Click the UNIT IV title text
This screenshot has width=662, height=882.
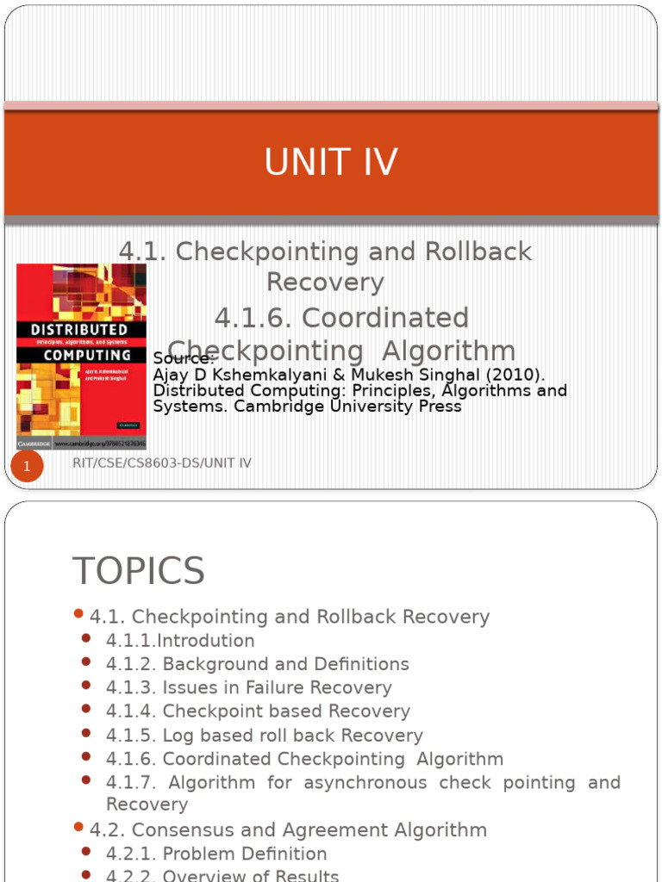click(331, 163)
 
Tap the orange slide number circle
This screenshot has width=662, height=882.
click(27, 467)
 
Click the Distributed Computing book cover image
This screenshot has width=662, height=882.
click(81, 356)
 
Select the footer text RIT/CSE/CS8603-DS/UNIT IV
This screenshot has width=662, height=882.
click(162, 463)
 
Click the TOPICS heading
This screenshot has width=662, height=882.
click(138, 571)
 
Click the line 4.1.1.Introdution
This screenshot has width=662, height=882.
click(180, 641)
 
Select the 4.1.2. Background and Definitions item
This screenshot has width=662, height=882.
click(257, 664)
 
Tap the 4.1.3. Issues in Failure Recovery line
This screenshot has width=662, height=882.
click(248, 687)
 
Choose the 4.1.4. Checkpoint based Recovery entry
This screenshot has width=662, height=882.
click(258, 711)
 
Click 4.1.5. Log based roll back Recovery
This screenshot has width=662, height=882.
click(264, 736)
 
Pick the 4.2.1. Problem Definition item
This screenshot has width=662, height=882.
click(216, 854)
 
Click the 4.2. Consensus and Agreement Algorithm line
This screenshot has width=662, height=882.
click(288, 830)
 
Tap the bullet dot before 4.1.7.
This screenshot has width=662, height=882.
click(86, 780)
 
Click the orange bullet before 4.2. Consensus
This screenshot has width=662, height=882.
click(78, 828)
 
